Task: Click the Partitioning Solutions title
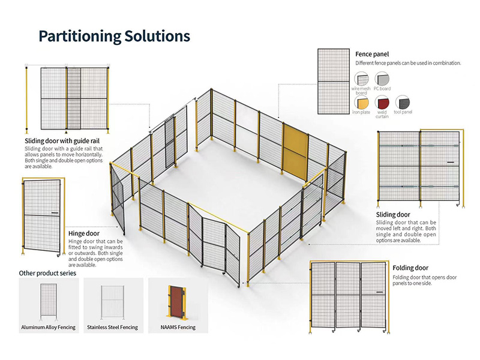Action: pos(114,36)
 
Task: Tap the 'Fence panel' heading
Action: pos(372,55)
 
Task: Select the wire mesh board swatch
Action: pos(362,79)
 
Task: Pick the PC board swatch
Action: pos(382,79)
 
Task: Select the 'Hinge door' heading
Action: pos(84,233)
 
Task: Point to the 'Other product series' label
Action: pos(48,273)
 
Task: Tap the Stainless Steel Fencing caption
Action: pos(112,327)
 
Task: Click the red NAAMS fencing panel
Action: pos(176,302)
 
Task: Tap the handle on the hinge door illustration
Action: pos(55,212)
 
